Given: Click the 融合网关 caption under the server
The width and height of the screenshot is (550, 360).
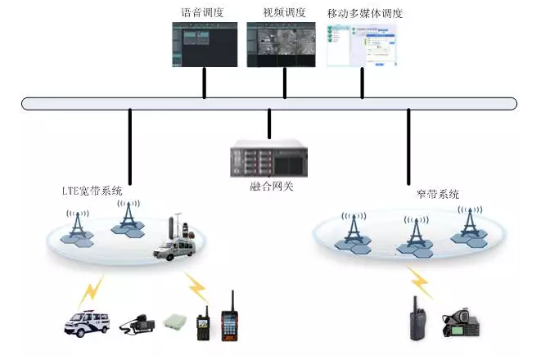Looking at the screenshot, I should click(271, 186).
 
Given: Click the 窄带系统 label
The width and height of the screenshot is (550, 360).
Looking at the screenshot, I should click(437, 194).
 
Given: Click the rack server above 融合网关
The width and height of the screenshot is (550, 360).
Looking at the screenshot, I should click(271, 159).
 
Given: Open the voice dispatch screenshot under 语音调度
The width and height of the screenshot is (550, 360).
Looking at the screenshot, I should click(204, 44).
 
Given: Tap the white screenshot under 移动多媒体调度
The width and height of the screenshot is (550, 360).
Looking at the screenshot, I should click(361, 44).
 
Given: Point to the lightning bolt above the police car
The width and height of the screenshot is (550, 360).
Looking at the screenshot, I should click(92, 288).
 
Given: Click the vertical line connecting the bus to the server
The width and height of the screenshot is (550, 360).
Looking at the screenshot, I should click(269, 123).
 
